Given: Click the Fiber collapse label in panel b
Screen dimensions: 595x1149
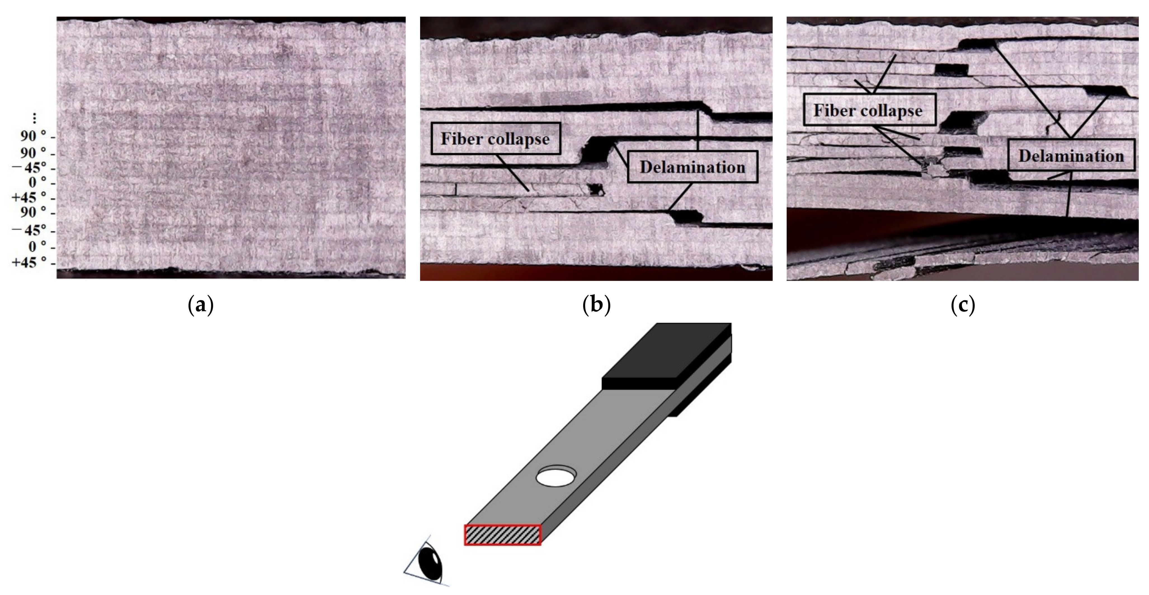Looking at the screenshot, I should [496, 139].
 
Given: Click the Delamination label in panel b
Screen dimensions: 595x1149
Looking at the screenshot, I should [692, 167].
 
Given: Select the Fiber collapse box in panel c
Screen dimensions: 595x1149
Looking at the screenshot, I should [868, 110].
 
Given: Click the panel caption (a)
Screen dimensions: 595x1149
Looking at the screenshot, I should [201, 306].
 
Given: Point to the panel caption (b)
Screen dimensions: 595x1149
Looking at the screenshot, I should [596, 306].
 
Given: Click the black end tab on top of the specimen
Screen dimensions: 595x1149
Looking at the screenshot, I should [665, 352].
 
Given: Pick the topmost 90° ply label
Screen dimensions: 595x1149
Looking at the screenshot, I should [34, 136].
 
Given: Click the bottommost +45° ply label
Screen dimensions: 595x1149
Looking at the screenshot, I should [29, 263].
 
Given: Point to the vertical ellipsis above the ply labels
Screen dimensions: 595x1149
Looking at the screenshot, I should [34, 119].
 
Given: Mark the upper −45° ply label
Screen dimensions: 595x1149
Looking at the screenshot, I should [29, 168].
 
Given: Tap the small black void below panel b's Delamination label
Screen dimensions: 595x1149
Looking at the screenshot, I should [686, 217].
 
